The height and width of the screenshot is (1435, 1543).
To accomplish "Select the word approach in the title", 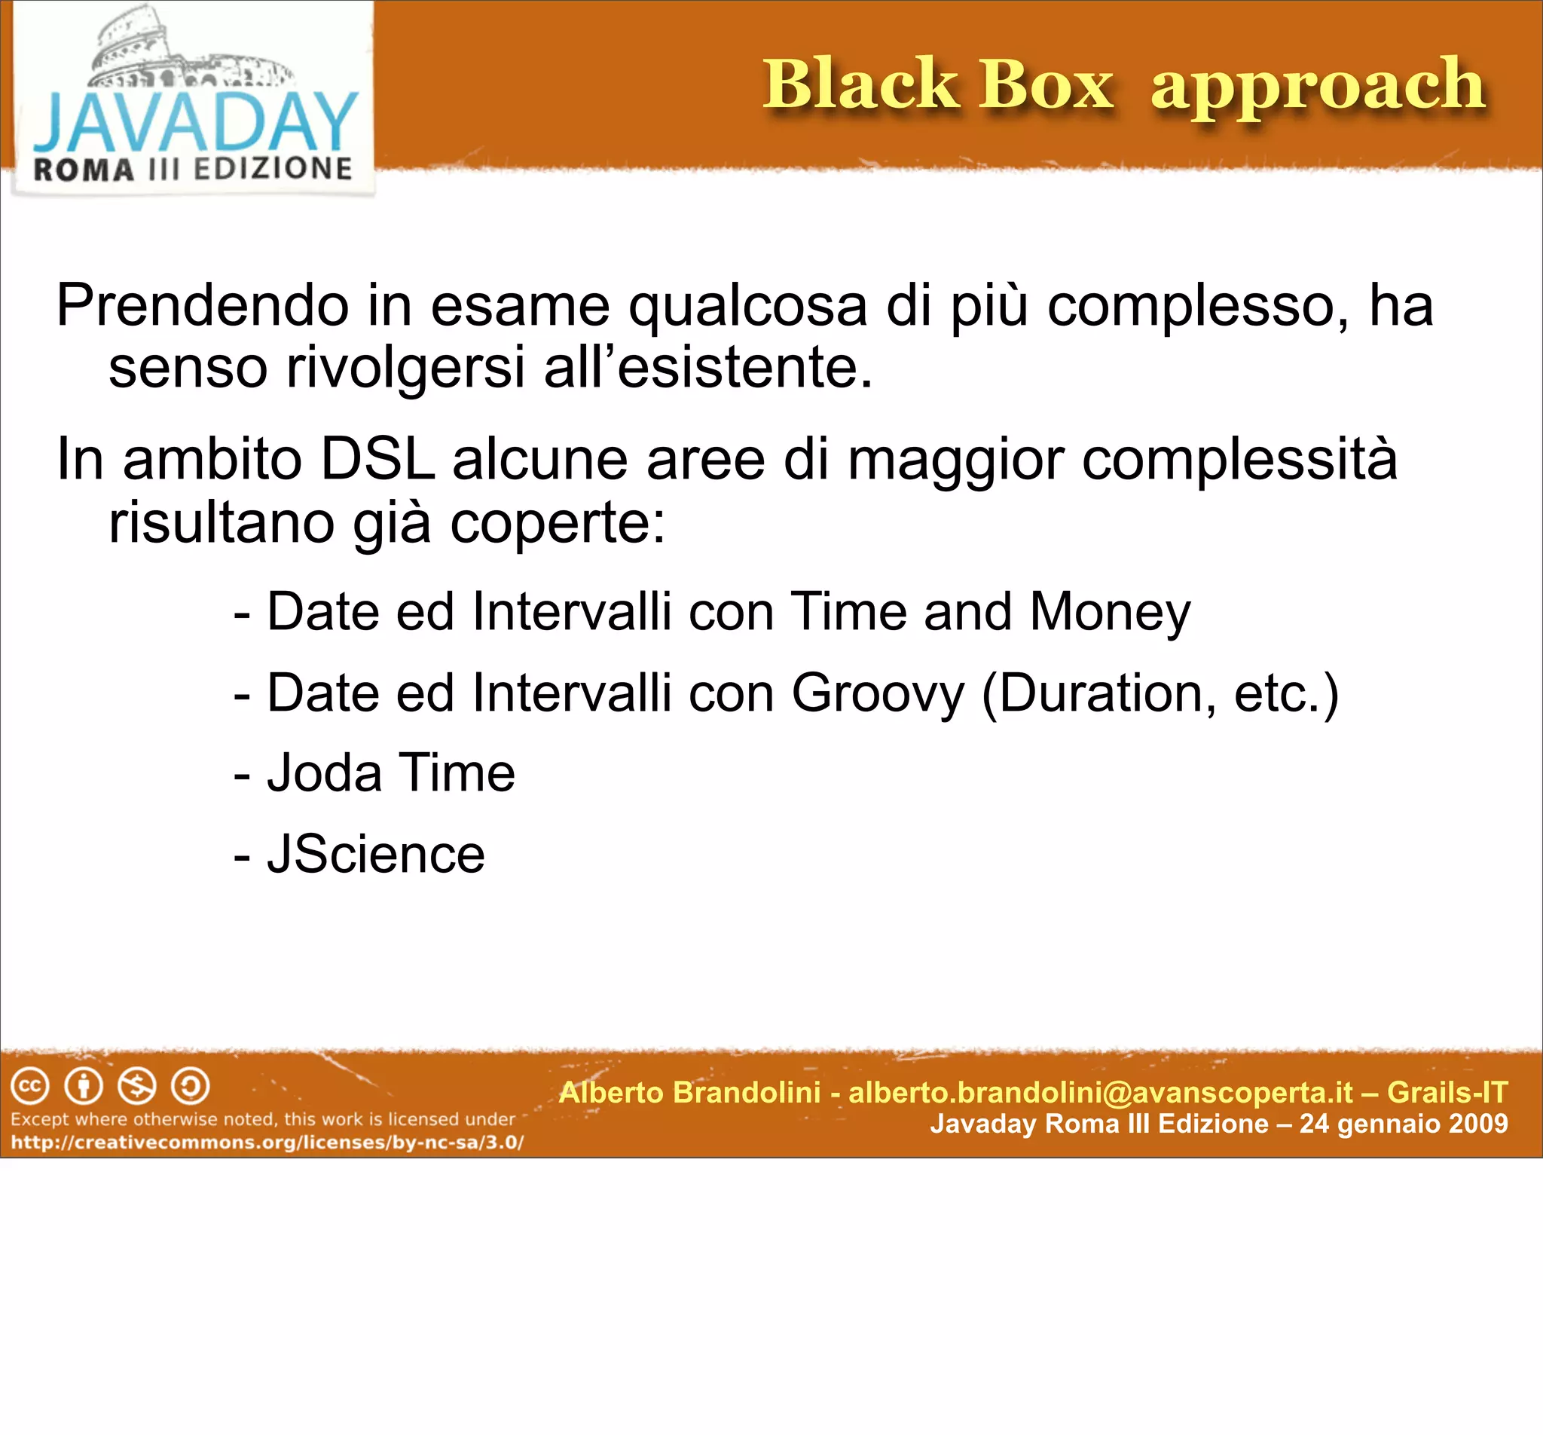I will click(1317, 87).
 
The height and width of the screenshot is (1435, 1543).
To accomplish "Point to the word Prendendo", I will click(203, 306).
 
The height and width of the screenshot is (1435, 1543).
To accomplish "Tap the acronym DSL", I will click(377, 460).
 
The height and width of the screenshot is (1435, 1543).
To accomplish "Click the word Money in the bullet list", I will click(1110, 613).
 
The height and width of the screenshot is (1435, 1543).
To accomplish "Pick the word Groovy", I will click(877, 693).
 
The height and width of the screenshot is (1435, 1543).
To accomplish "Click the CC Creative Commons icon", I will click(30, 1086).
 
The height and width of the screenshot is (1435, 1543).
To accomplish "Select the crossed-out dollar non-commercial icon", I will click(136, 1086).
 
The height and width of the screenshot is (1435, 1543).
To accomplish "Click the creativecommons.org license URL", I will click(267, 1143).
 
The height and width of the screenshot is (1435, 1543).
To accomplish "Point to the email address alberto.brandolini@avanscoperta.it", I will click(1101, 1093).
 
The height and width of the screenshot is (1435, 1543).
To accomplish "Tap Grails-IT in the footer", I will click(1447, 1093).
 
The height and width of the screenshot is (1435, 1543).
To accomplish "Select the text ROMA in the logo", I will click(84, 170).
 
